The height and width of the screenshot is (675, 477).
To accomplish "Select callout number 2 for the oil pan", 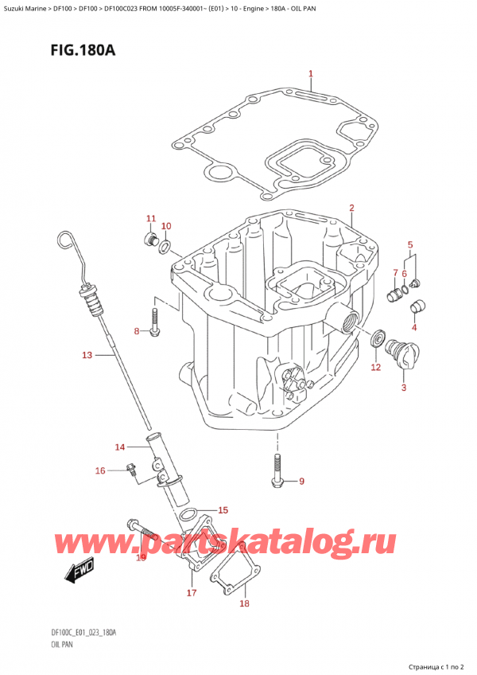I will (351, 209).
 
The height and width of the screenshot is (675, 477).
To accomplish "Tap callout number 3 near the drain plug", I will (403, 388).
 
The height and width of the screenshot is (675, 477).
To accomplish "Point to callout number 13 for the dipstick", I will (87, 354).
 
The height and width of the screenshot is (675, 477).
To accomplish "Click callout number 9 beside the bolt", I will (301, 481).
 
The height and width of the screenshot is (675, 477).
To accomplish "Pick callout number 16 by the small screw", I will (100, 471).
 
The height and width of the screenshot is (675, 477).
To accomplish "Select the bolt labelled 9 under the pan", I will (277, 471).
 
